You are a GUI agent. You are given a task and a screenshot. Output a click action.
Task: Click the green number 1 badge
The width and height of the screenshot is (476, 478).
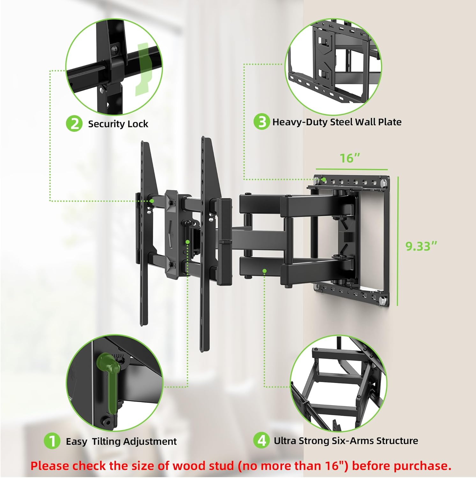(x=52, y=441)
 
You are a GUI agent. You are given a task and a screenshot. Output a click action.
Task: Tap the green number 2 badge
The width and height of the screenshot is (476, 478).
(x=74, y=124)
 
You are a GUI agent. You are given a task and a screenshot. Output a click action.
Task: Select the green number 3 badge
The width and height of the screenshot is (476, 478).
(x=261, y=122)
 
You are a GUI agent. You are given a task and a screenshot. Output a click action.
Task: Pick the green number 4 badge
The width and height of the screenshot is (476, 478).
(x=261, y=440)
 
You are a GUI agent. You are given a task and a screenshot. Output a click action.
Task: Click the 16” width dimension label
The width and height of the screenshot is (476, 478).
(x=350, y=158)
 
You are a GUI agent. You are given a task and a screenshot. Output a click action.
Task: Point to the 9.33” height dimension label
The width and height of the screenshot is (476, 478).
(x=421, y=246)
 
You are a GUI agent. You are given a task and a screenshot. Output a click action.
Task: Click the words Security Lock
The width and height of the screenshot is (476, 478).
(x=118, y=124)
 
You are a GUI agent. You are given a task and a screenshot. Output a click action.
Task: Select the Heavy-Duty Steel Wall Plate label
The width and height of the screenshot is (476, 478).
(x=337, y=122)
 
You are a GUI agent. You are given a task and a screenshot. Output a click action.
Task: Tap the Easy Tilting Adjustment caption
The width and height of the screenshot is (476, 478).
(x=121, y=441)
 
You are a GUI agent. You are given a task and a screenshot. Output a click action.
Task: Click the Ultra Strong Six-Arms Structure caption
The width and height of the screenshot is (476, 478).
(x=346, y=441)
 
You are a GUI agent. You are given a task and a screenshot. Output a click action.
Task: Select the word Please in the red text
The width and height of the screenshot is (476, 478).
(x=50, y=466)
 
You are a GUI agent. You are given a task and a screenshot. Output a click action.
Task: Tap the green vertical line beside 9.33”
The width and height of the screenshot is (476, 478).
(x=398, y=241)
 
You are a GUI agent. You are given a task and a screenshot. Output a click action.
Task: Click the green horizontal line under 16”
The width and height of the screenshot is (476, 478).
(x=352, y=170)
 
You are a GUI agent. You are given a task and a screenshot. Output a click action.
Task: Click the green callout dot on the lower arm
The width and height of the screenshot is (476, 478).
(x=264, y=271)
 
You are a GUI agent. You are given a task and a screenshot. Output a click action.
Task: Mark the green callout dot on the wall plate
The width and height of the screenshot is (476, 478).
(x=324, y=180)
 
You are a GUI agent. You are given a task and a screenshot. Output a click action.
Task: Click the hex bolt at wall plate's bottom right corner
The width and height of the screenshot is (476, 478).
(x=383, y=300)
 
